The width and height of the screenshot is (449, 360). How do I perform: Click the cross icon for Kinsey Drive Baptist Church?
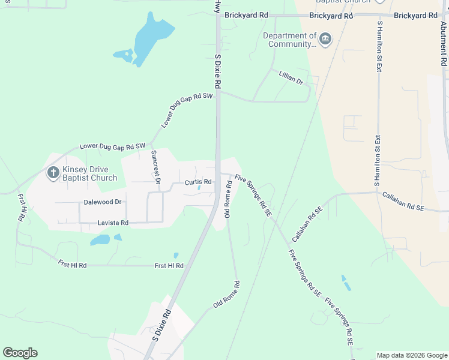[53, 173]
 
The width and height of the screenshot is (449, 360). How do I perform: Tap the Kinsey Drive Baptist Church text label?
[90, 173]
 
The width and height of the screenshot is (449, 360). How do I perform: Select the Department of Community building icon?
[325, 40]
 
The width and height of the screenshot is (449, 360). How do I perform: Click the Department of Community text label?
[290, 40]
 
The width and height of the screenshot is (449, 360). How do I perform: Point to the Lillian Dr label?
[291, 77]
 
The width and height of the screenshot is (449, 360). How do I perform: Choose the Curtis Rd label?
[198, 182]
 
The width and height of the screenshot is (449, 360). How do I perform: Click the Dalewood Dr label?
[103, 202]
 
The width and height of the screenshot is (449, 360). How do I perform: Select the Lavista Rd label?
[113, 223]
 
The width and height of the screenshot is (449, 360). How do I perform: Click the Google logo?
[20, 353]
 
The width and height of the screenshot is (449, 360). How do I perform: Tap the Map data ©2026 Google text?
[411, 355]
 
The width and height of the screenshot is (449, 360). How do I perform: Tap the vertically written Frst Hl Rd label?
[21, 208]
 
